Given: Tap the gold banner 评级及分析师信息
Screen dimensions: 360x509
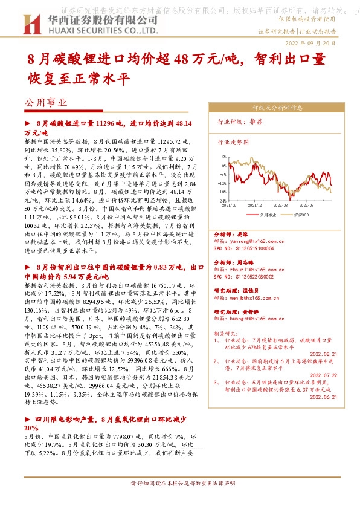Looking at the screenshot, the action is pyautogui.click(x=277, y=109).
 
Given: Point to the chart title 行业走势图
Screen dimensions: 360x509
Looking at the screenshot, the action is pyautogui.click(x=233, y=144).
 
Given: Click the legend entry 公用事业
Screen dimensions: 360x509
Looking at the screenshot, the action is pyautogui.click(x=266, y=214).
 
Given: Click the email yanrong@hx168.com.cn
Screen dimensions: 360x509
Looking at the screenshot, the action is pyautogui.click(x=248, y=241).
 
